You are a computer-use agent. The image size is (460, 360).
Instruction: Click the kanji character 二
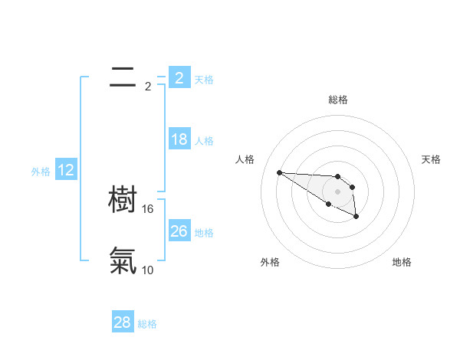(123, 77)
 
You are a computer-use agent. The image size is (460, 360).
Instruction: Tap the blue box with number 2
(179, 77)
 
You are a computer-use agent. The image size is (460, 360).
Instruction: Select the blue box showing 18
(179, 139)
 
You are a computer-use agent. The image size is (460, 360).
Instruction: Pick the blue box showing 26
(179, 231)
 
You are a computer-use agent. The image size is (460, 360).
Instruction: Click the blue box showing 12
(66, 171)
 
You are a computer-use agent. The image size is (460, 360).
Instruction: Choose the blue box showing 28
(122, 322)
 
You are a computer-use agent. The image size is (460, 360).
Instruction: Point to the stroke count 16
(149, 209)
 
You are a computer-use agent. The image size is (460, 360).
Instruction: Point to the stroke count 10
(148, 270)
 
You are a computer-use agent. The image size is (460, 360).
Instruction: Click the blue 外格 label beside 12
(41, 172)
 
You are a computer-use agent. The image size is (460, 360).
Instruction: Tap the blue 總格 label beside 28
(147, 324)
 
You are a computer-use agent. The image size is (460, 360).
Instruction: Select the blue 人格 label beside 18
(204, 141)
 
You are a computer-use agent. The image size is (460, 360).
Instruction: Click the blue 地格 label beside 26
(204, 232)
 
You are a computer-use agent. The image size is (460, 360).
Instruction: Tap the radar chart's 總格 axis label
(338, 100)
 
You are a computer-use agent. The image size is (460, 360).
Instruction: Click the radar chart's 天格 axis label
(431, 159)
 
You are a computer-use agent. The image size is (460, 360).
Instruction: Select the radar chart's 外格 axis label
(270, 262)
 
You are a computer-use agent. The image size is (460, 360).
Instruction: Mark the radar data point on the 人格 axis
(279, 172)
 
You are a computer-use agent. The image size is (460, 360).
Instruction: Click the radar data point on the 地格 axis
(356, 218)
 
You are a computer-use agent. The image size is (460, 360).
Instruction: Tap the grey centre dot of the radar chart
(338, 191)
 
